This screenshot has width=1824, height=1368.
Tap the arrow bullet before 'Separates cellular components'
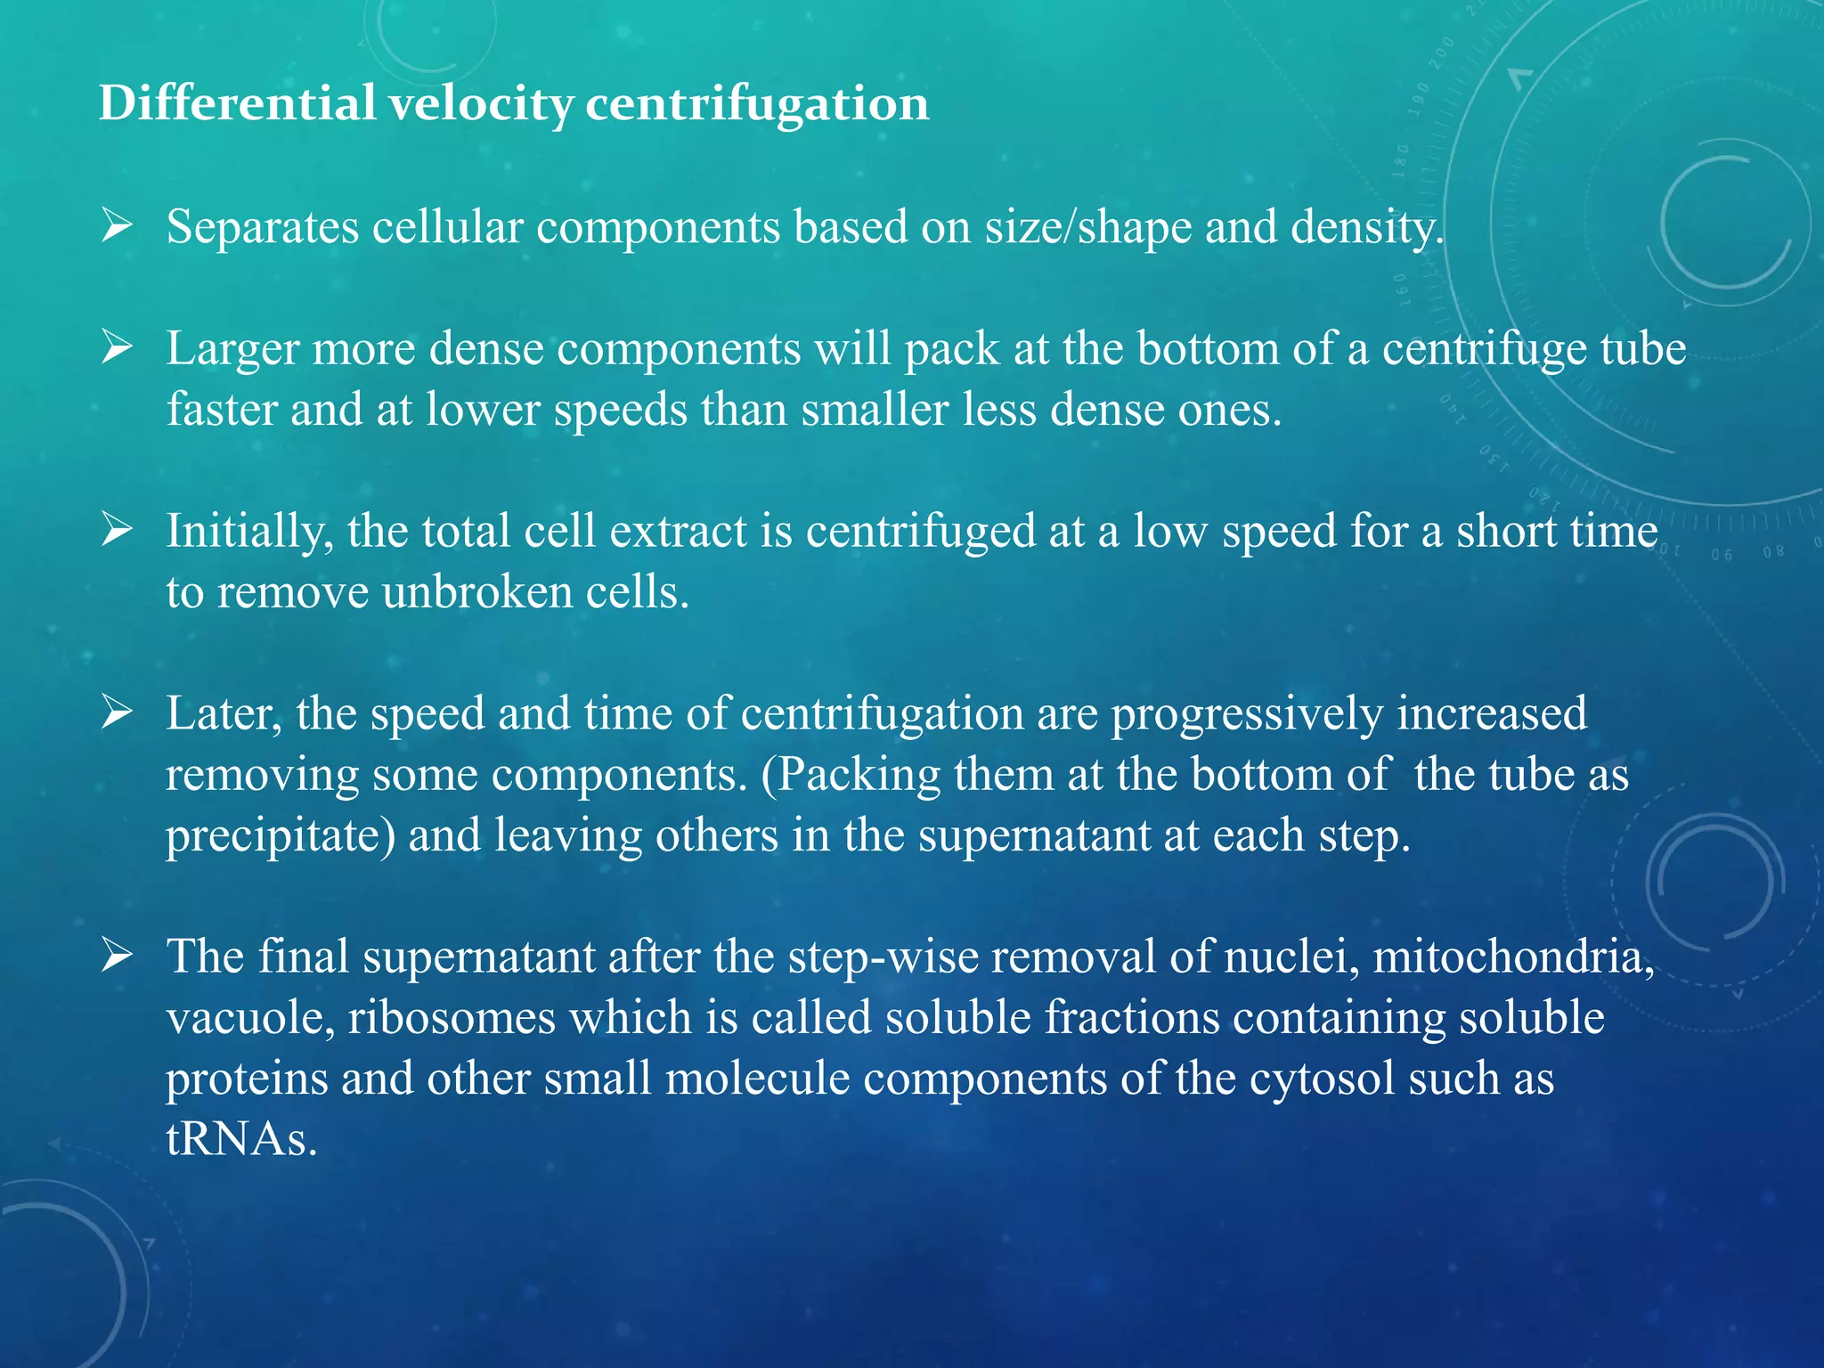click(117, 226)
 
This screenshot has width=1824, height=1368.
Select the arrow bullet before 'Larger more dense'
click(117, 347)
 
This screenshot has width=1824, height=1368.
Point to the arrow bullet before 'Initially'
click(117, 530)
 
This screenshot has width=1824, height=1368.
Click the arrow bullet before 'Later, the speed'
click(117, 712)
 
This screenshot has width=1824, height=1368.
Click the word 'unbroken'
click(476, 592)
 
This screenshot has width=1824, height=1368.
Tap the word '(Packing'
click(851, 775)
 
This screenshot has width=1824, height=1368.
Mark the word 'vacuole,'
click(250, 1018)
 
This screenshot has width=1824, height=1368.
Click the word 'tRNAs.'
click(241, 1139)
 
